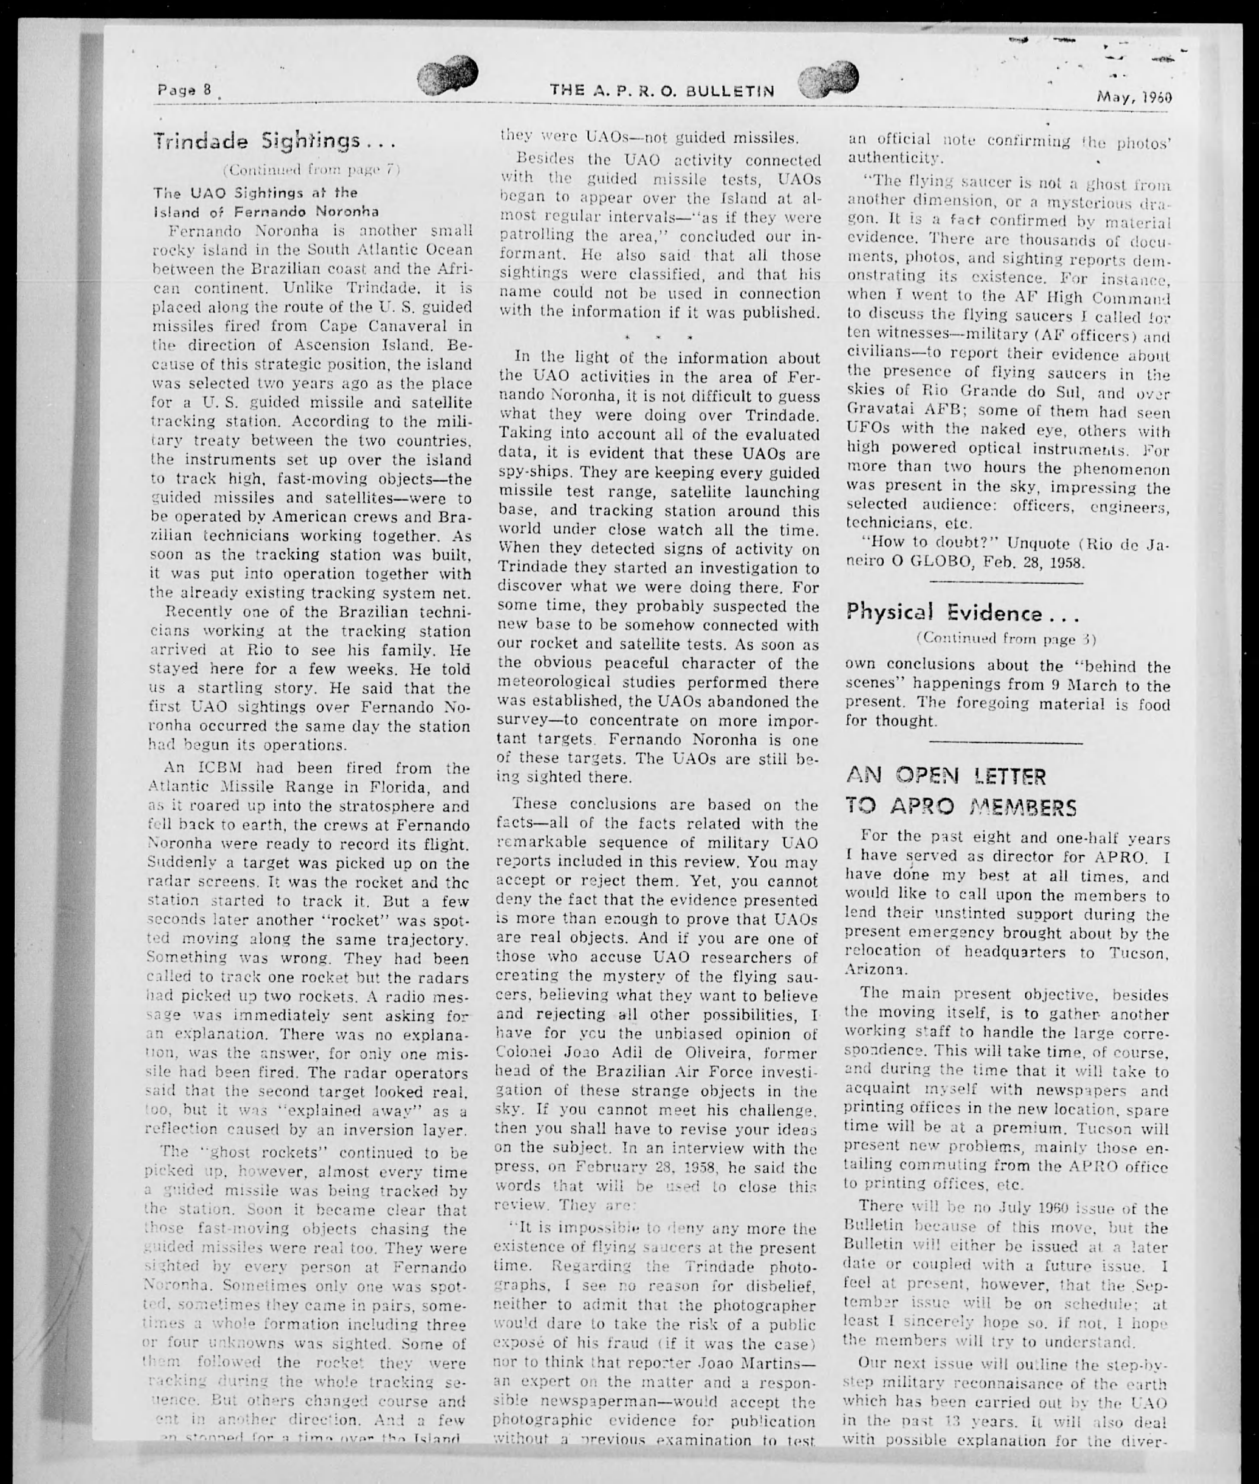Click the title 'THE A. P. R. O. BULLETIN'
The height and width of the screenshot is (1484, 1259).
pos(661,91)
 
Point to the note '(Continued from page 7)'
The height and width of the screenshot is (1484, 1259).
pos(311,170)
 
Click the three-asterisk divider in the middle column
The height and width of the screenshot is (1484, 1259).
pos(659,336)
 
